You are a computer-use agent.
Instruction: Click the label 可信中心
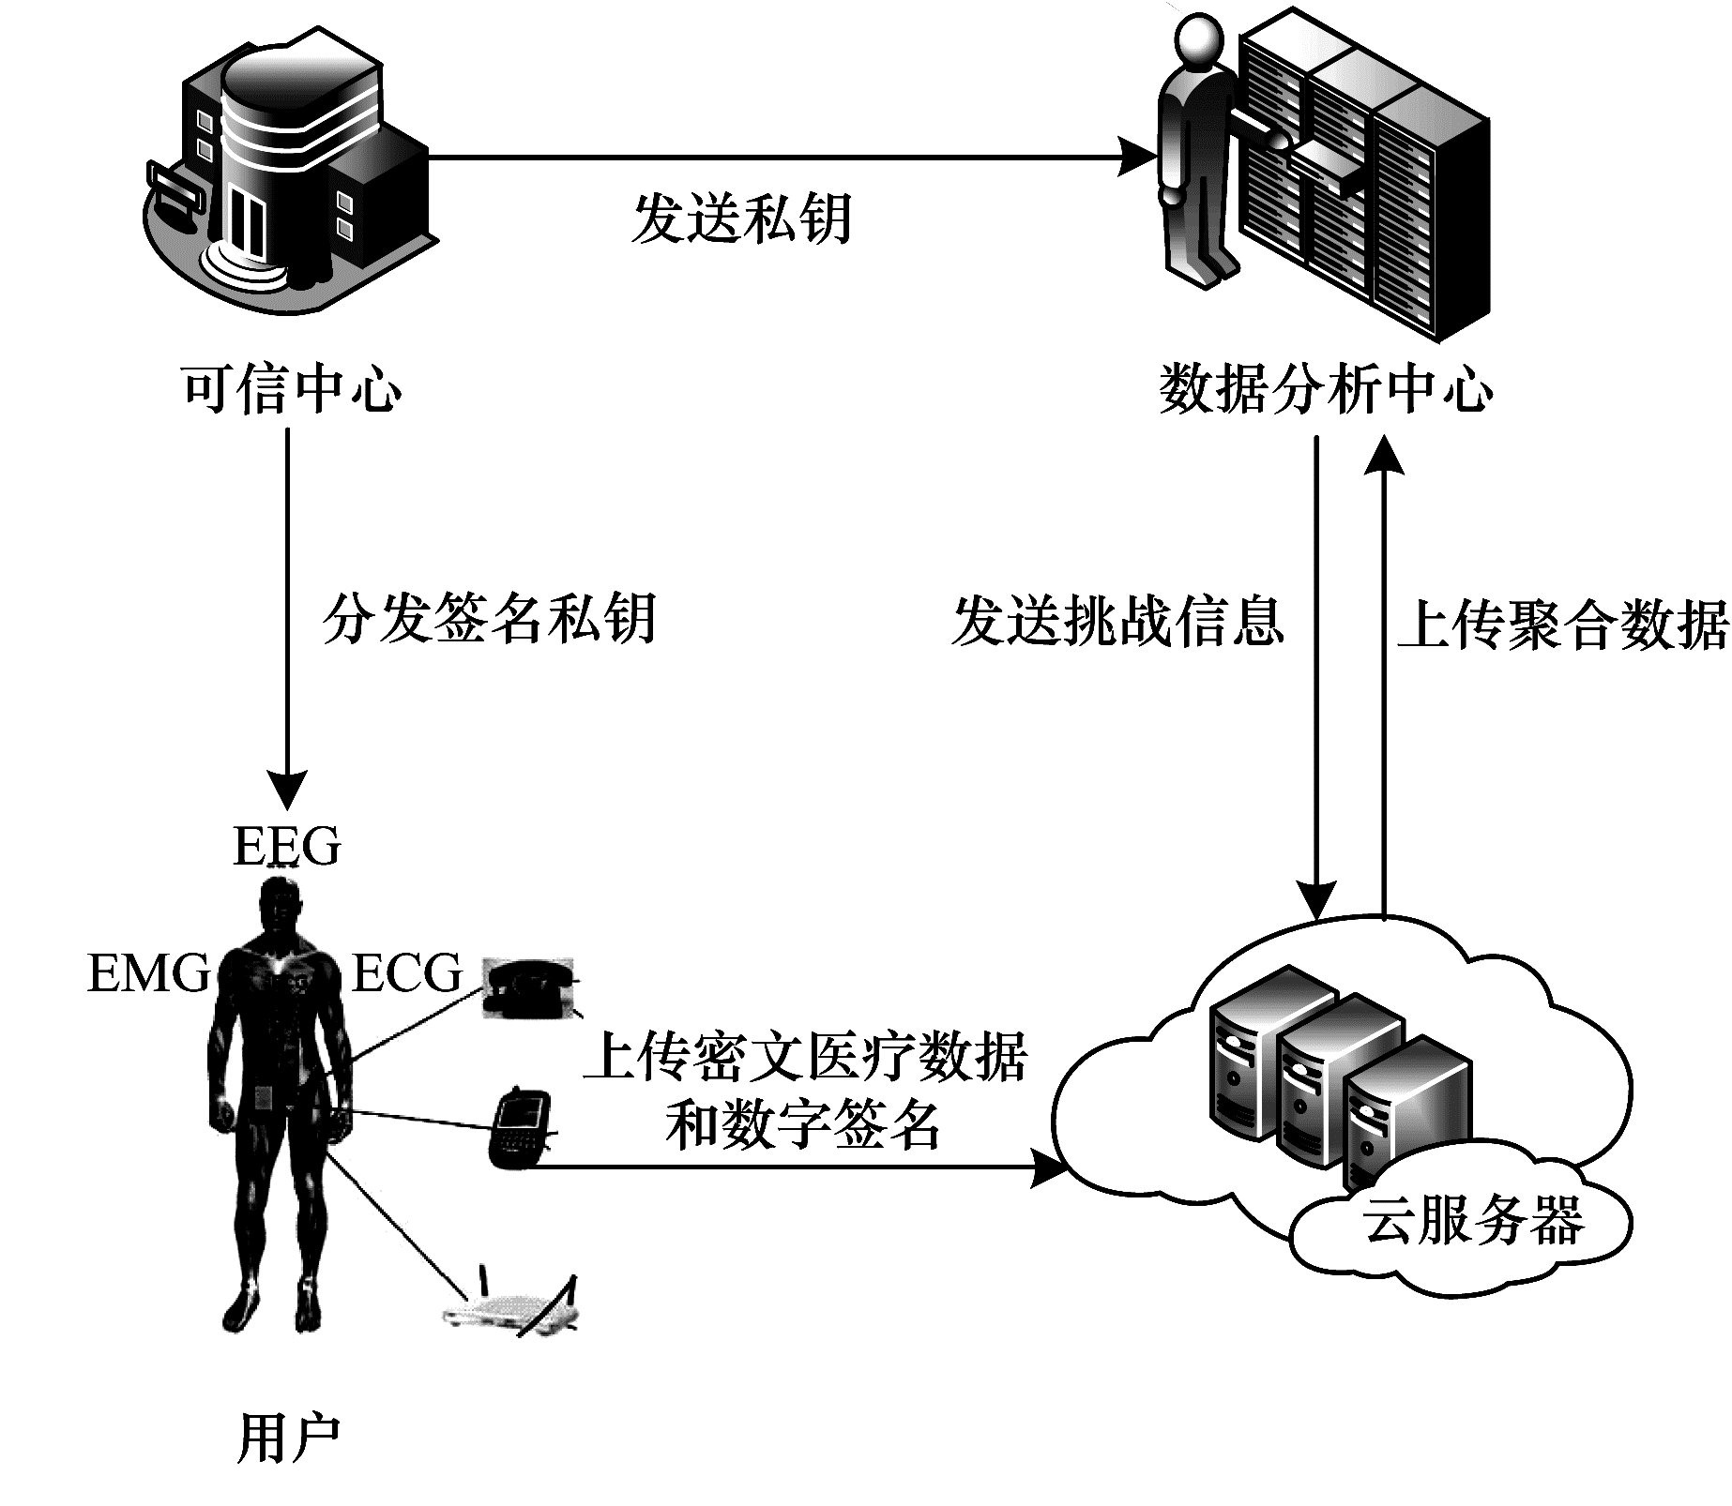(292, 387)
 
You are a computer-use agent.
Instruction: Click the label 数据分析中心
(1326, 387)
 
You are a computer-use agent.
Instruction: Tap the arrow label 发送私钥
(741, 218)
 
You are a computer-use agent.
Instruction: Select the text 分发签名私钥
(489, 619)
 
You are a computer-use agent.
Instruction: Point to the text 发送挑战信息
(1117, 621)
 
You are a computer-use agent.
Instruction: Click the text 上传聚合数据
(1563, 625)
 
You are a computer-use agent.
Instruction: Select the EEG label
(287, 847)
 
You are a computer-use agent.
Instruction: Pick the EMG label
(148, 972)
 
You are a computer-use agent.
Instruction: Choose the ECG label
(407, 972)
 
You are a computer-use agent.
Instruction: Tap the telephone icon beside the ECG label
(528, 987)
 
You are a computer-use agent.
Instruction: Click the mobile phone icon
(515, 1126)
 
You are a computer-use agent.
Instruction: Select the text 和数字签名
(803, 1125)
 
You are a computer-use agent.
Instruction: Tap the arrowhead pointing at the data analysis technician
(1137, 157)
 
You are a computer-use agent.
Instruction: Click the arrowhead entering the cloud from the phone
(1049, 1168)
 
